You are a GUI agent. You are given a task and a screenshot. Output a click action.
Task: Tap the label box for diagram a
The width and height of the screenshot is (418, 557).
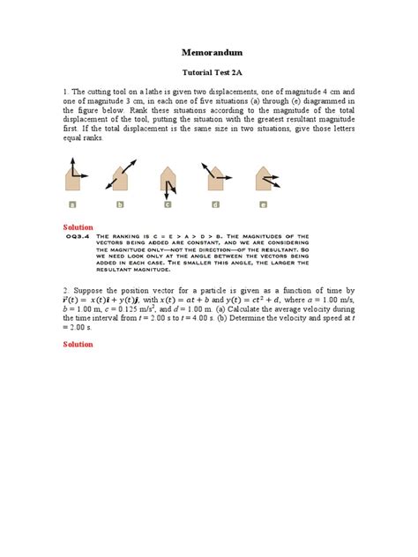[x=72, y=204]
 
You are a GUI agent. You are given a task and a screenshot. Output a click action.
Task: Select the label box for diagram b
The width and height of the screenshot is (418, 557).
[x=119, y=204]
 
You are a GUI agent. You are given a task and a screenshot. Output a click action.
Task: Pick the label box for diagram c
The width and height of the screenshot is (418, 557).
[x=168, y=204]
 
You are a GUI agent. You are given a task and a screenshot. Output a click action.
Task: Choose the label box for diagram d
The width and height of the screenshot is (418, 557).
[x=215, y=204]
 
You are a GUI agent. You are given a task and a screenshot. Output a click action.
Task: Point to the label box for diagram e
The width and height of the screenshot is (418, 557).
[x=263, y=204]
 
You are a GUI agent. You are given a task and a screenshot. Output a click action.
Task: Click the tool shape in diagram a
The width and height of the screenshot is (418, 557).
[x=72, y=179]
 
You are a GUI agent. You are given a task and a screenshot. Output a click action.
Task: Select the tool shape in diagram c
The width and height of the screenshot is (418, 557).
[x=168, y=179]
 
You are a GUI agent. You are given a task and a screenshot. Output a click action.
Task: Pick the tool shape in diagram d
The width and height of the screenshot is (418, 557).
[x=215, y=179]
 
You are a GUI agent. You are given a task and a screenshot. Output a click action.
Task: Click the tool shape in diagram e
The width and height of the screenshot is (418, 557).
[x=263, y=179]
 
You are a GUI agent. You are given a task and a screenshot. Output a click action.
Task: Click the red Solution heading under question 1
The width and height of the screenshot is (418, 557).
[x=78, y=227]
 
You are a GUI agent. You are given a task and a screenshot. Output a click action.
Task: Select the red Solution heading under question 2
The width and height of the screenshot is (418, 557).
[x=78, y=344]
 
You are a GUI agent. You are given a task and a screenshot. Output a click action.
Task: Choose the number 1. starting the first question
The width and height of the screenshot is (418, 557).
[x=65, y=91]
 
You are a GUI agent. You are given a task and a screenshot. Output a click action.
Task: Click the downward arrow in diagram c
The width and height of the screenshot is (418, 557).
[x=166, y=187]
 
